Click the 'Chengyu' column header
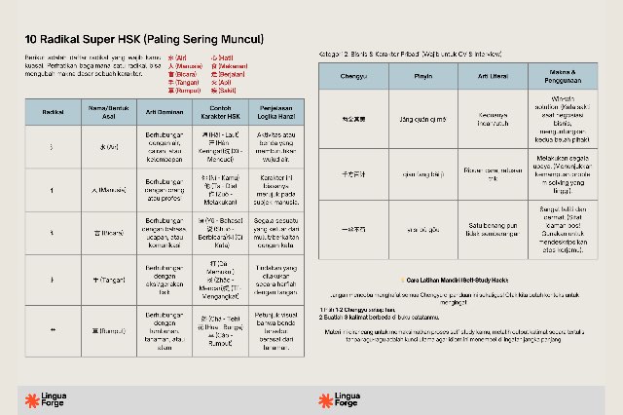[x=353, y=74]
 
